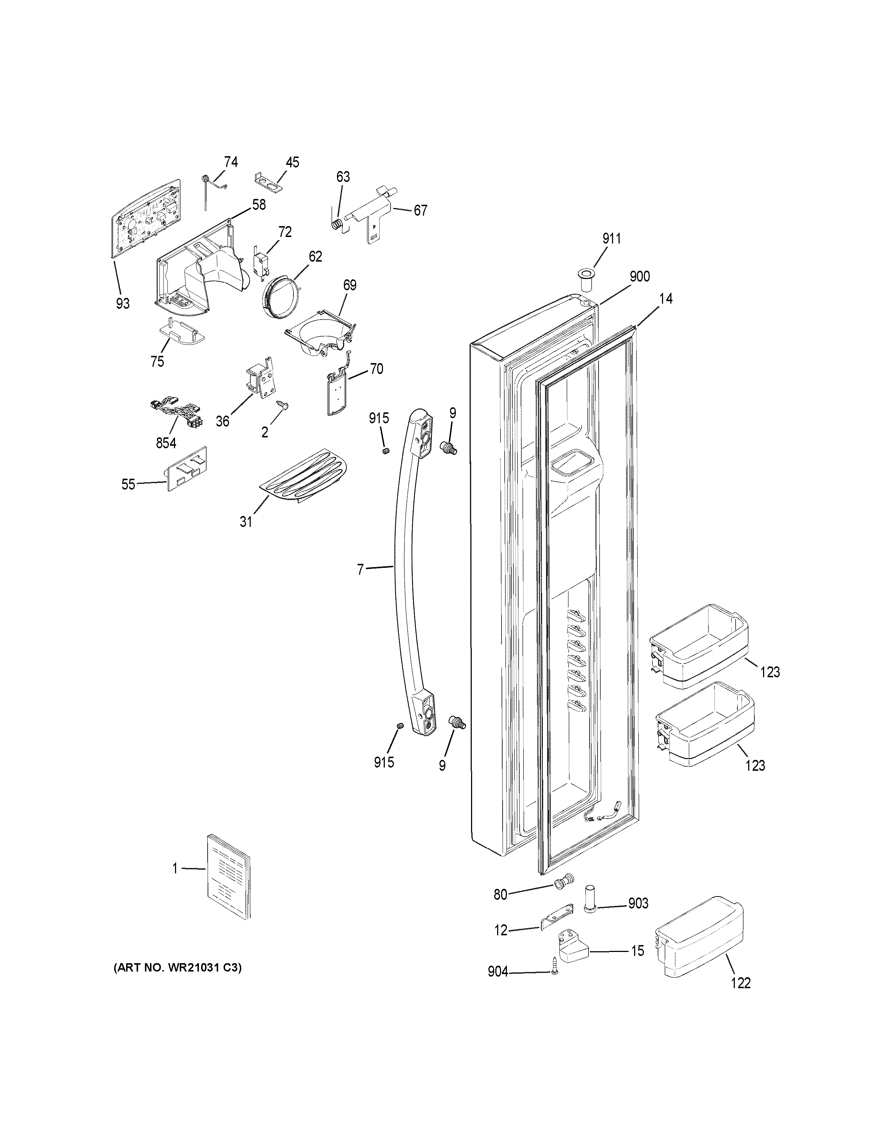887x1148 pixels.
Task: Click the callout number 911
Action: click(x=611, y=239)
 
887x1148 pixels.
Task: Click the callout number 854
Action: click(x=166, y=443)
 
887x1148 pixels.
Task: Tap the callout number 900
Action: click(x=640, y=276)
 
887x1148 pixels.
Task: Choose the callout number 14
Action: click(x=666, y=299)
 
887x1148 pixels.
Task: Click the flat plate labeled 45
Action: click(x=268, y=180)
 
